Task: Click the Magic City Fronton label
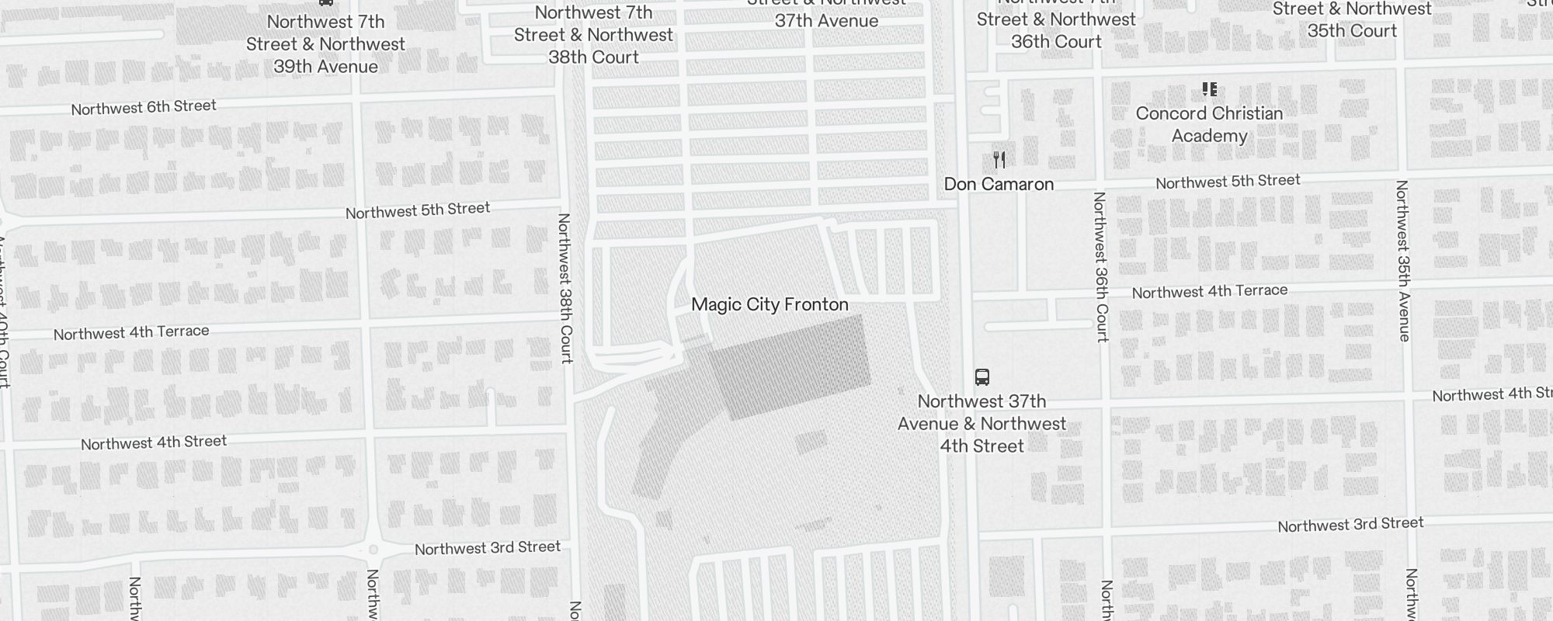(770, 304)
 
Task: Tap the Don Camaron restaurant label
(999, 184)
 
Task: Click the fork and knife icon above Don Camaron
(999, 160)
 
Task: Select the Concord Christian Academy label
(1209, 124)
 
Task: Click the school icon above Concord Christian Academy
(1209, 89)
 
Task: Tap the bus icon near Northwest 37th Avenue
(981, 377)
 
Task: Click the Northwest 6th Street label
(144, 107)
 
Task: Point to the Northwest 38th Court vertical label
(565, 288)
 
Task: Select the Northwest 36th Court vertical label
(1100, 267)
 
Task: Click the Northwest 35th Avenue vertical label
(1402, 261)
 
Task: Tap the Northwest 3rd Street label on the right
(1350, 525)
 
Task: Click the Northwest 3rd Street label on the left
(487, 548)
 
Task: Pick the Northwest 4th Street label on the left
(154, 442)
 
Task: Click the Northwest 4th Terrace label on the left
(131, 332)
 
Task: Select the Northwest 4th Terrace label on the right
(1209, 291)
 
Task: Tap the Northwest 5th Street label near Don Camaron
(1227, 182)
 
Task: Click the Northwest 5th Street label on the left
(417, 210)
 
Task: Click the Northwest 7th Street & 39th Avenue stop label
(325, 44)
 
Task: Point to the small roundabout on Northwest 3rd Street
(373, 550)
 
